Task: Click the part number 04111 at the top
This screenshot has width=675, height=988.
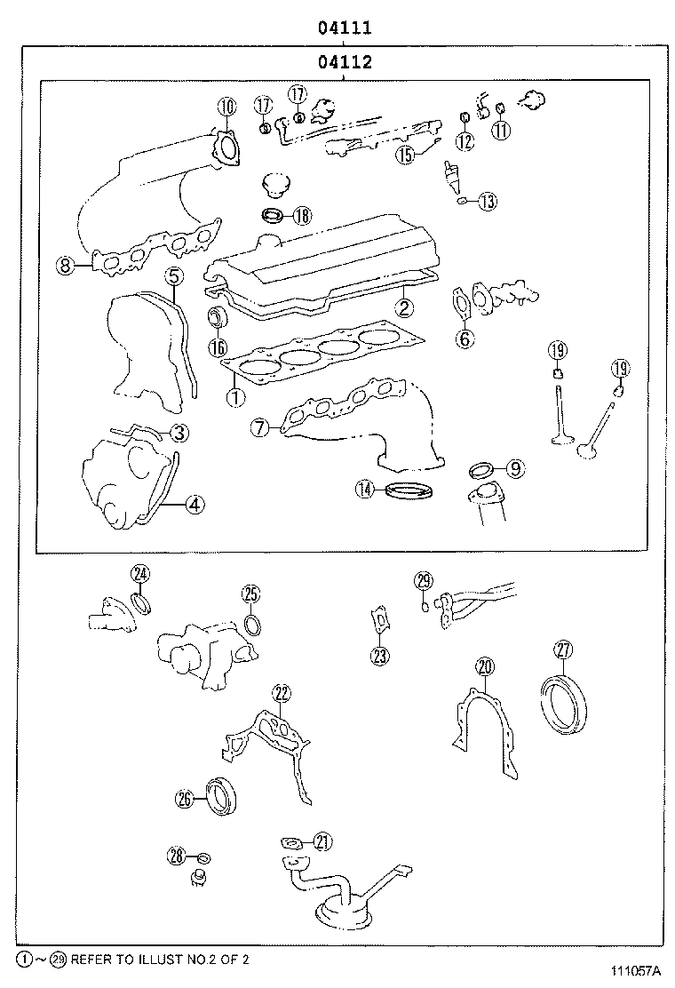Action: coord(345,28)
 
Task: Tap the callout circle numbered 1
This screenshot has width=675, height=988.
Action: coord(235,398)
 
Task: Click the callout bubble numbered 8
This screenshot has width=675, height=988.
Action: coord(64,264)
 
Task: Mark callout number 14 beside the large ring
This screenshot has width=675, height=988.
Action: coord(365,488)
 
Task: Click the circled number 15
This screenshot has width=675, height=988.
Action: coord(405,155)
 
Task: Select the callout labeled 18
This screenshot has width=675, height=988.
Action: coord(302,215)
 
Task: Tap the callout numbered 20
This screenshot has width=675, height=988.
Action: coord(484,666)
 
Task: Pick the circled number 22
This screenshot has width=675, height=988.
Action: coord(282,694)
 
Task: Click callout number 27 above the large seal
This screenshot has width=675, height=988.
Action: coord(562,649)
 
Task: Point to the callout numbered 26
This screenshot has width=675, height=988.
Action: coord(184,799)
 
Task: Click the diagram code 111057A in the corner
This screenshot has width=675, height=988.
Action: coord(637,972)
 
